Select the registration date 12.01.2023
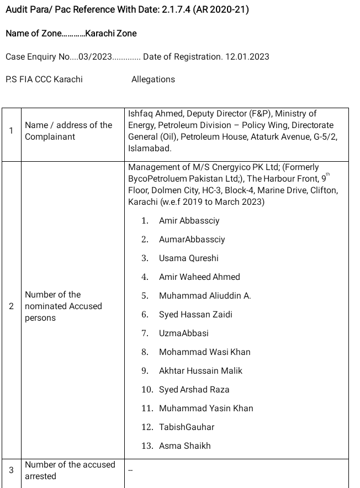click(247, 56)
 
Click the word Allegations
click(153, 79)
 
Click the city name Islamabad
click(149, 148)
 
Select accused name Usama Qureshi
click(188, 258)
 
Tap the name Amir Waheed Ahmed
click(199, 277)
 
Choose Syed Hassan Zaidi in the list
click(195, 315)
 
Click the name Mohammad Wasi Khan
click(204, 352)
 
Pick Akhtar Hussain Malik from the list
click(200, 371)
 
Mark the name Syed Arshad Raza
click(194, 390)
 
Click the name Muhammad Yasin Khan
click(206, 409)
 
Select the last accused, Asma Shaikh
click(184, 446)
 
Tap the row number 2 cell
click(12, 306)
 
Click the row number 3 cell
click(12, 470)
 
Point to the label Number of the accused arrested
click(70, 470)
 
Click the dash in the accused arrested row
click(131, 470)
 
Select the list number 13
click(147, 446)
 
